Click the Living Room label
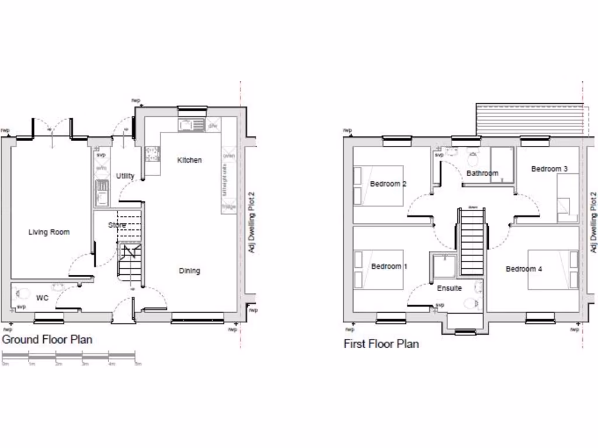point(49,232)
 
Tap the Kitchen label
point(189,160)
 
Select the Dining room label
point(189,271)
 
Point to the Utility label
point(125,176)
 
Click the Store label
point(117,225)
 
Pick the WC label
point(42,298)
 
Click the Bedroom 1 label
point(390,267)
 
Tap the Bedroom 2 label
point(388,184)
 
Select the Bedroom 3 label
point(549,169)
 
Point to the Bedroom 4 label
point(524,269)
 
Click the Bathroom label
point(482,173)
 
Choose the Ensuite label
point(449,288)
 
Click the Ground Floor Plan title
point(47,339)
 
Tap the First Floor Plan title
point(381,344)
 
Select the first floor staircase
point(472,242)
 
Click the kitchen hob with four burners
point(152,153)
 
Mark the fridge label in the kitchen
point(228,206)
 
